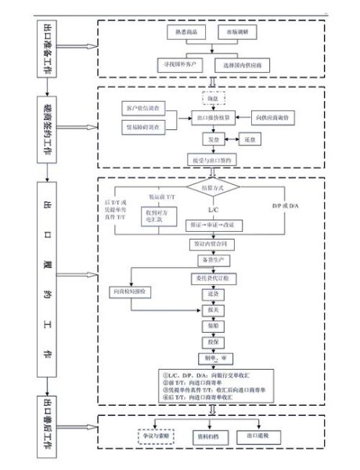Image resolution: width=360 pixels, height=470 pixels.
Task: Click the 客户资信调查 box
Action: pyautogui.click(x=142, y=107)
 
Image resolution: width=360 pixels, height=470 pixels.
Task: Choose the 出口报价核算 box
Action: pyautogui.click(x=213, y=117)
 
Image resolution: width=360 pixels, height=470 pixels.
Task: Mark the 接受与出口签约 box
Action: pyautogui.click(x=213, y=160)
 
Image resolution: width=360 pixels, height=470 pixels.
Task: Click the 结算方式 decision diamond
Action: pyautogui.click(x=213, y=189)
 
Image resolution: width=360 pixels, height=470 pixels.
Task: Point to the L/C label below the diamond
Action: pyautogui.click(x=213, y=210)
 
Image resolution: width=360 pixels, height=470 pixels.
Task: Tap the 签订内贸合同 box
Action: pyautogui.click(x=213, y=244)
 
